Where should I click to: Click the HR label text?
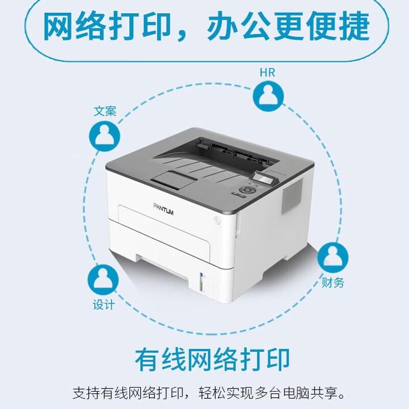(267, 72)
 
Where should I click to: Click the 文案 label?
(105, 111)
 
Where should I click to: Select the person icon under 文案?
(105, 134)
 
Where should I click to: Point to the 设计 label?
(104, 305)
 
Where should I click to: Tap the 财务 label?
(333, 282)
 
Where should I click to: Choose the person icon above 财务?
(333, 258)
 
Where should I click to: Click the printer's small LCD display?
(261, 179)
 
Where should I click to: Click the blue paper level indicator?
(200, 281)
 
